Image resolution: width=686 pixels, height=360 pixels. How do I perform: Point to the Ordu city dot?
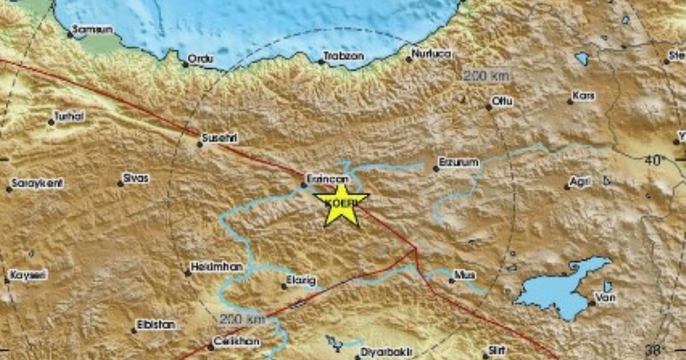coord(185,64)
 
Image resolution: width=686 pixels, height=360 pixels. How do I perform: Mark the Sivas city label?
coord(136,178)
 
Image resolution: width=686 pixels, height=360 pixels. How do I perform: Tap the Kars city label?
coord(584,96)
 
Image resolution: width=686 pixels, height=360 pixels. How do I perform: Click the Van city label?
coord(605,297)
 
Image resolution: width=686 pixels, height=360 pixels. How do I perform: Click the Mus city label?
coord(465,275)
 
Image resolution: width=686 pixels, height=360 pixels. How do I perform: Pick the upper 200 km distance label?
coord(486,75)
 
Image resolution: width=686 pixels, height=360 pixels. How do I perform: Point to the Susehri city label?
coord(220,138)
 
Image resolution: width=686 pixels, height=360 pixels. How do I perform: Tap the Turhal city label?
coord(69,117)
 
